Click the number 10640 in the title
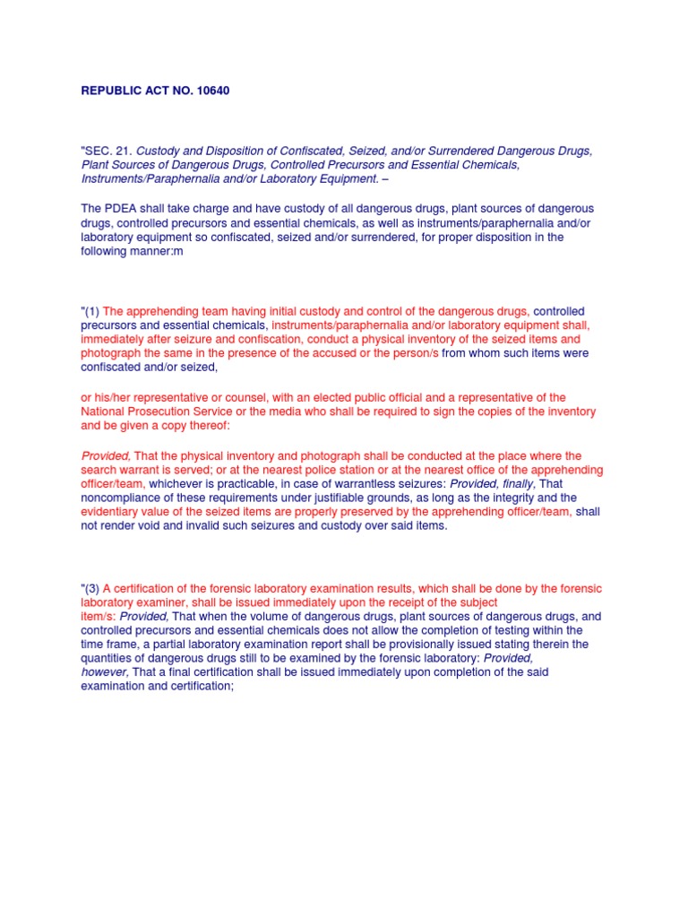211,91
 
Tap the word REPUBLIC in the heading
110,91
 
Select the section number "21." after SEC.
122,151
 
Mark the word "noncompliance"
123,498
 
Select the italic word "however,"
106,672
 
